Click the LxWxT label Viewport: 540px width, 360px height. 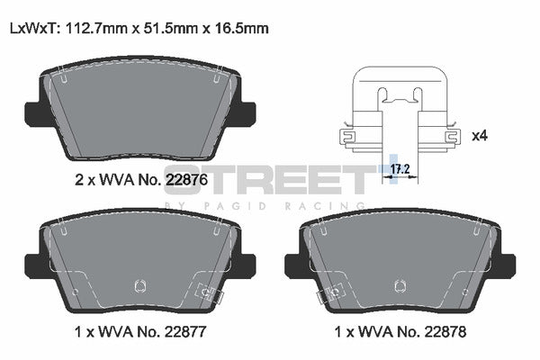click(32, 29)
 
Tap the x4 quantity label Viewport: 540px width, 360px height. click(479, 136)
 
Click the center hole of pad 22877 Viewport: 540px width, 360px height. click(139, 287)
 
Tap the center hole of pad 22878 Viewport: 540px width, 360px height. click(398, 287)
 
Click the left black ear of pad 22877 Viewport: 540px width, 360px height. click(33, 265)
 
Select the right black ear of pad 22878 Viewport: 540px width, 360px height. click(506, 265)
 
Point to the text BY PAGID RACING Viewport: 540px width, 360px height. click(270, 205)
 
